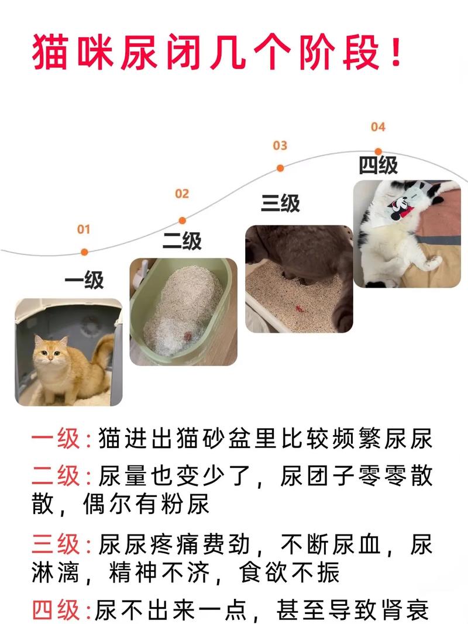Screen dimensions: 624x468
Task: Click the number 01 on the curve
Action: click(84, 229)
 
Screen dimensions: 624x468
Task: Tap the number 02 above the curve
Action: click(182, 194)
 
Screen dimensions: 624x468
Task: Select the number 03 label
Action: click(280, 146)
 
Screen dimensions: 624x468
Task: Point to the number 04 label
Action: click(378, 127)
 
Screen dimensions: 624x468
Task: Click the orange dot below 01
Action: click(84, 252)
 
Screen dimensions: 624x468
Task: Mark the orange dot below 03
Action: click(280, 168)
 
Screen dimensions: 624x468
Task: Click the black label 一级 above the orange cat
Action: click(84, 281)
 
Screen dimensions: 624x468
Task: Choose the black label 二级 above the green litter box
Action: click(182, 241)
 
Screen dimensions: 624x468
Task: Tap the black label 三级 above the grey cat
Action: click(280, 203)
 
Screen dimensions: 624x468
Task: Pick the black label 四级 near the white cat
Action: click(378, 167)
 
